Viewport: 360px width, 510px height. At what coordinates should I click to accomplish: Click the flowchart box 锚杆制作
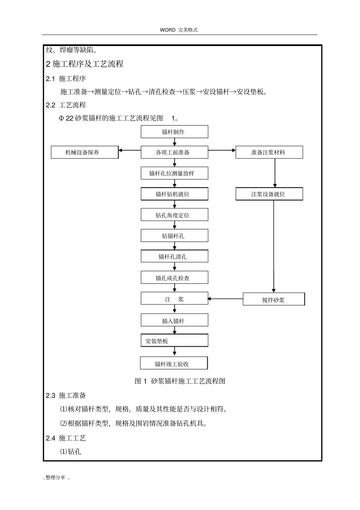click(x=174, y=132)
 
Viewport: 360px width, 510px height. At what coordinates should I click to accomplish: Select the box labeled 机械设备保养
click(x=85, y=152)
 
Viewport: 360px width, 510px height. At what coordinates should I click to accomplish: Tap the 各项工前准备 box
click(x=174, y=152)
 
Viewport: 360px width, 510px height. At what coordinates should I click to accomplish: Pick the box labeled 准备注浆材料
click(x=269, y=152)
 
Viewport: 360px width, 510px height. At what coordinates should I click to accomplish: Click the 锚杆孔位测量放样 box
click(x=174, y=173)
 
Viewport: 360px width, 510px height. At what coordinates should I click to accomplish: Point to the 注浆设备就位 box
click(x=269, y=194)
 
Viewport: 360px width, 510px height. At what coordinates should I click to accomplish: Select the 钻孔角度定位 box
click(x=174, y=215)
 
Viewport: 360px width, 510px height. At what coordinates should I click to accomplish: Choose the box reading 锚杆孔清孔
click(x=174, y=257)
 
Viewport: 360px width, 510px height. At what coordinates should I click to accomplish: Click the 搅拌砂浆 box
click(x=274, y=300)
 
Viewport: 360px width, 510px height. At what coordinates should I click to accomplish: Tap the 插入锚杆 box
click(x=174, y=321)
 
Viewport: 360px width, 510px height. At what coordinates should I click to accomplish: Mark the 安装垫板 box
click(x=174, y=341)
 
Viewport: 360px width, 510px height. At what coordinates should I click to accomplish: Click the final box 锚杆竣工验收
click(x=174, y=364)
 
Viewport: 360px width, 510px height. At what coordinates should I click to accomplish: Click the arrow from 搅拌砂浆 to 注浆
click(x=225, y=299)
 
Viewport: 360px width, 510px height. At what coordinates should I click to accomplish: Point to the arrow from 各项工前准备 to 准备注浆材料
click(x=222, y=151)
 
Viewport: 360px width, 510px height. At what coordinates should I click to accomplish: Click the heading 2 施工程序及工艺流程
click(x=85, y=64)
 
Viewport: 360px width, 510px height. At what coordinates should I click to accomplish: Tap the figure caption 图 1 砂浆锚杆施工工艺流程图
click(x=180, y=381)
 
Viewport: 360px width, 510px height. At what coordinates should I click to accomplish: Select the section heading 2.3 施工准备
click(x=66, y=395)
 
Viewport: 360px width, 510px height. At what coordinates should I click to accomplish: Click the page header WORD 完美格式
click(x=179, y=30)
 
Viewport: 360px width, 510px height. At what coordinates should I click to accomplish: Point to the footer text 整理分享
click(x=56, y=477)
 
